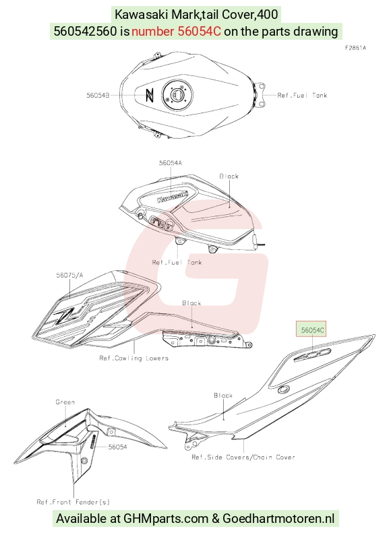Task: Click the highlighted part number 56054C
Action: (x=312, y=330)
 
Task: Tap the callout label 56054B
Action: (x=98, y=95)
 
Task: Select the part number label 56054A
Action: (x=171, y=163)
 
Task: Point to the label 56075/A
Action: (x=69, y=275)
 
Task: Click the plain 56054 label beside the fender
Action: (x=117, y=447)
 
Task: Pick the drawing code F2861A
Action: (x=355, y=48)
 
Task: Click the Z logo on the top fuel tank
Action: (x=149, y=95)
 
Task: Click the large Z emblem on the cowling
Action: (x=65, y=315)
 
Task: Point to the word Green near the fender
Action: (x=65, y=402)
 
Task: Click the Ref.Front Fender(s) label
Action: (x=73, y=502)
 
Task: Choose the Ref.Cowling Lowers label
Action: (x=133, y=358)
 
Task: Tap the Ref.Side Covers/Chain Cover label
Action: (x=243, y=458)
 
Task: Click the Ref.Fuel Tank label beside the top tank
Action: (x=302, y=95)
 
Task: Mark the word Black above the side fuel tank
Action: (x=229, y=176)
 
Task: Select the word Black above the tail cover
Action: (x=223, y=396)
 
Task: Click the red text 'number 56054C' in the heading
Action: (x=176, y=31)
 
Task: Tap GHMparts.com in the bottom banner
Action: (x=166, y=519)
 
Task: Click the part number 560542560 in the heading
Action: (x=85, y=31)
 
